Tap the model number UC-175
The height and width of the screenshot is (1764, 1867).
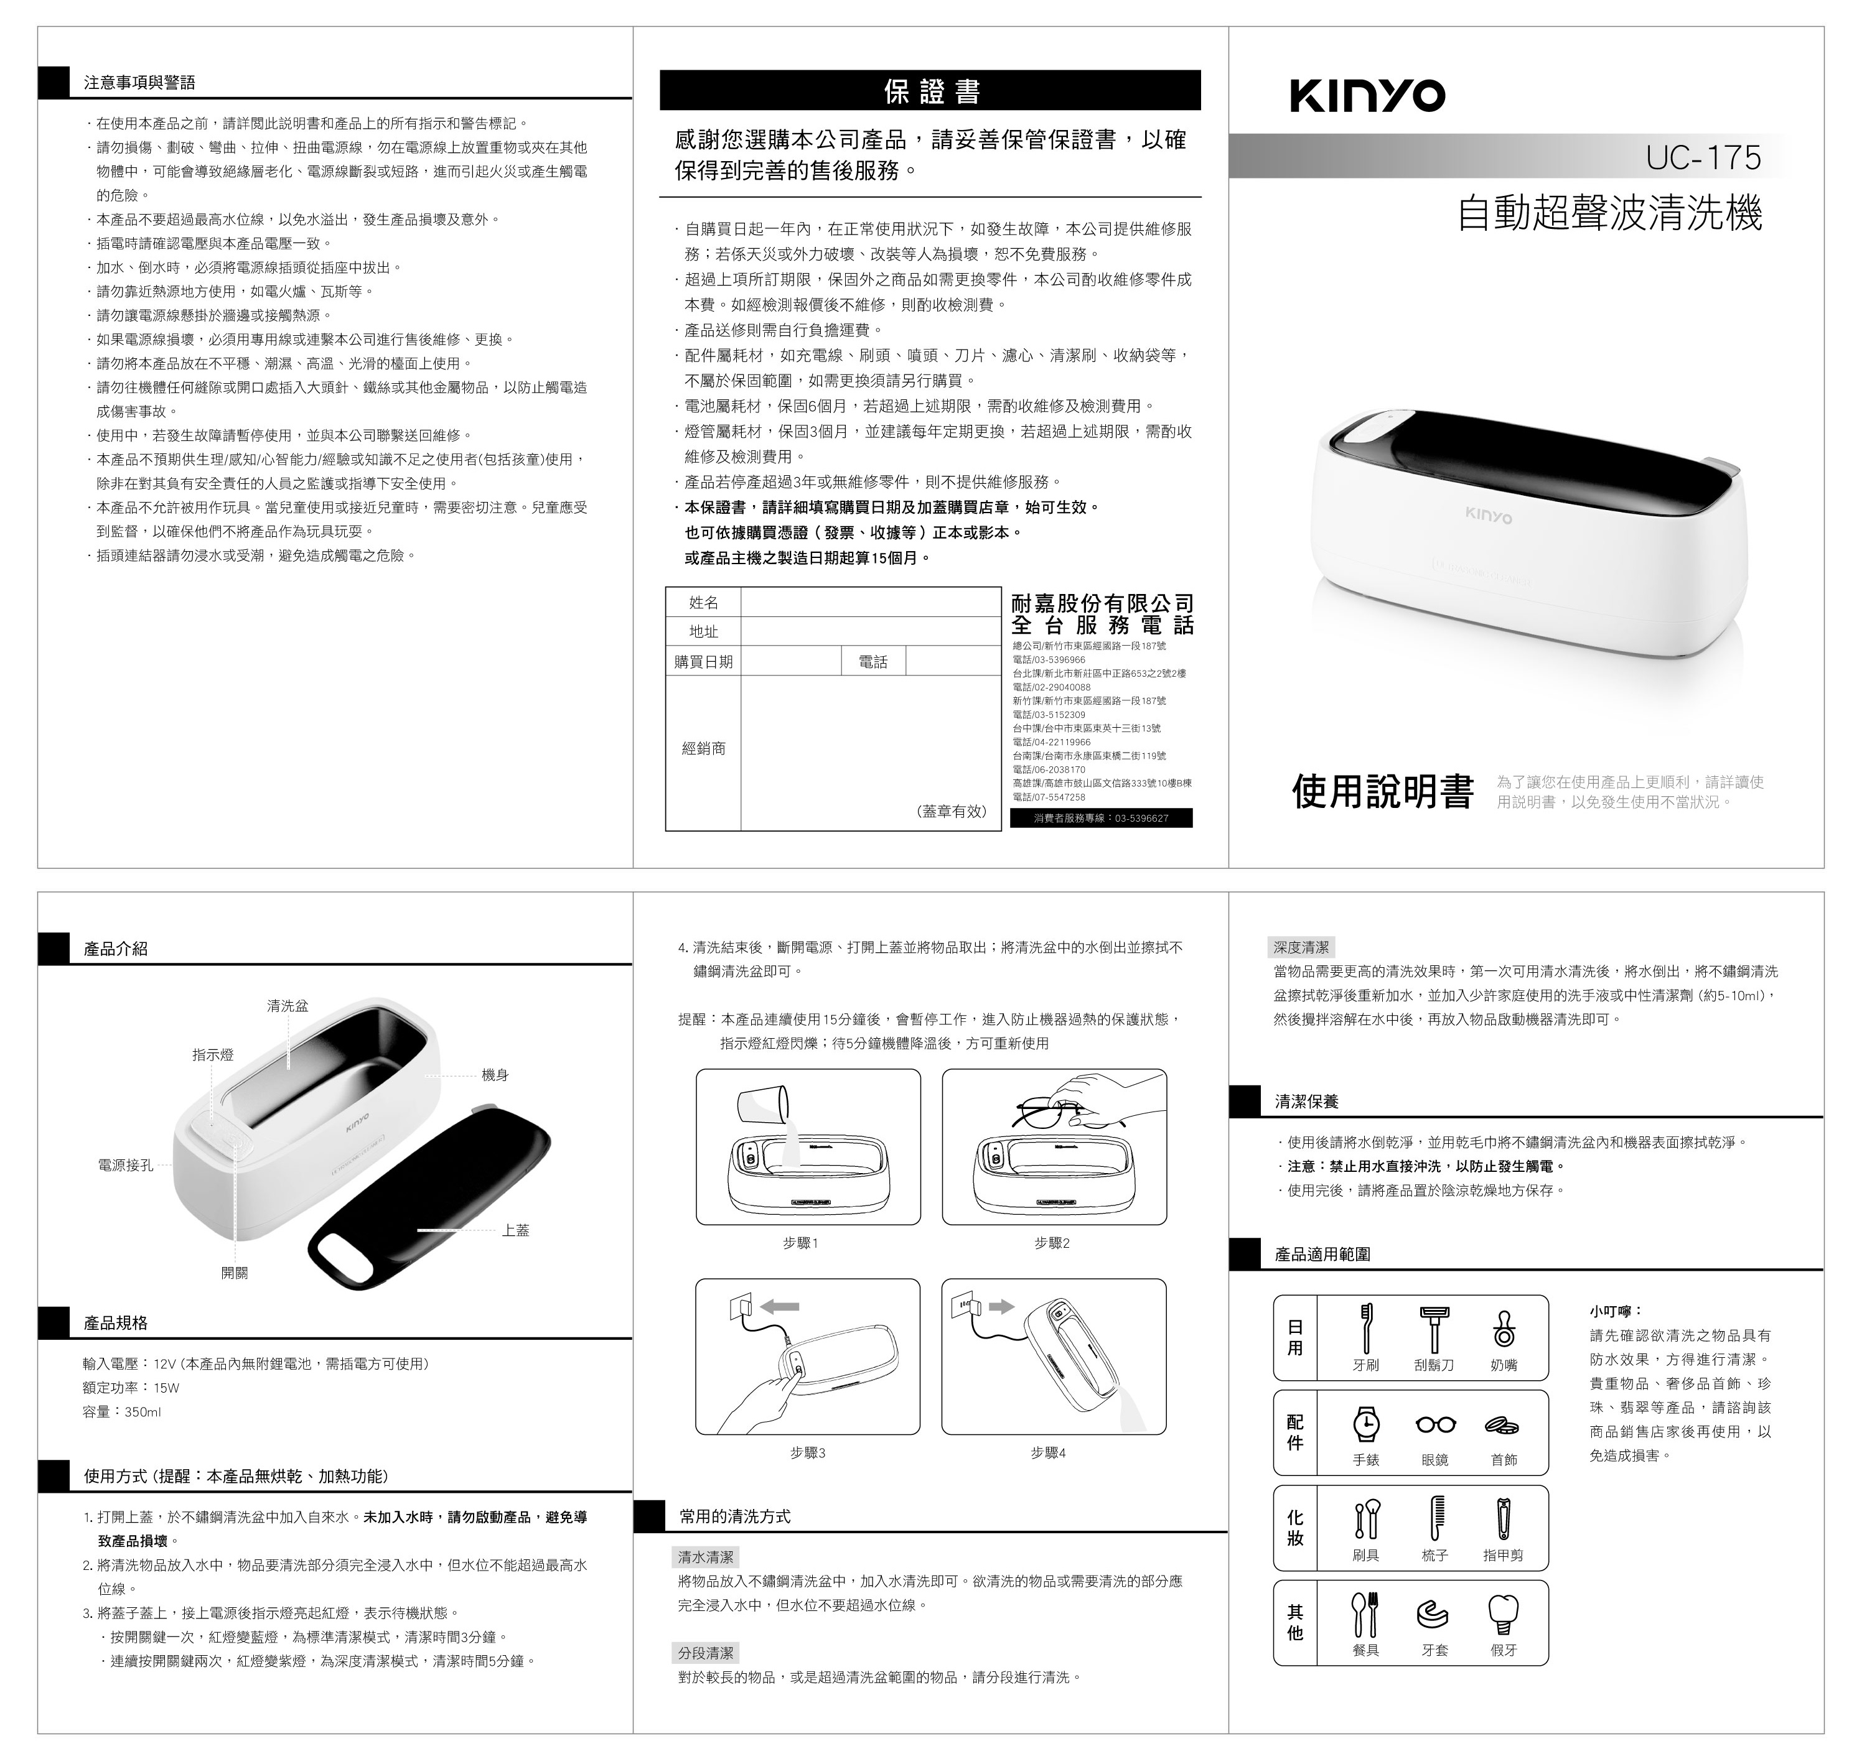pos(1703,157)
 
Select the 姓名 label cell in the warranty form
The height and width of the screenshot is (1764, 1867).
pos(703,603)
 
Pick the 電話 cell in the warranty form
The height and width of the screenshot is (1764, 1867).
pos(873,662)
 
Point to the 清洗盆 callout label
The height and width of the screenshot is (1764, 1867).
pos(287,1006)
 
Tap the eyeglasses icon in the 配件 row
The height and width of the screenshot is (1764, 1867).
pos(1435,1424)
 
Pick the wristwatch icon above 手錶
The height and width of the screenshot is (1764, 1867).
pos(1365,1424)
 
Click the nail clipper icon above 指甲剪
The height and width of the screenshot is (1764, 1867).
pos(1503,1520)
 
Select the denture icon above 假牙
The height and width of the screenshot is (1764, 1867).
pos(1503,1615)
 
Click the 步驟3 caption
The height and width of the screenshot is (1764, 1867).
pos(808,1453)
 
